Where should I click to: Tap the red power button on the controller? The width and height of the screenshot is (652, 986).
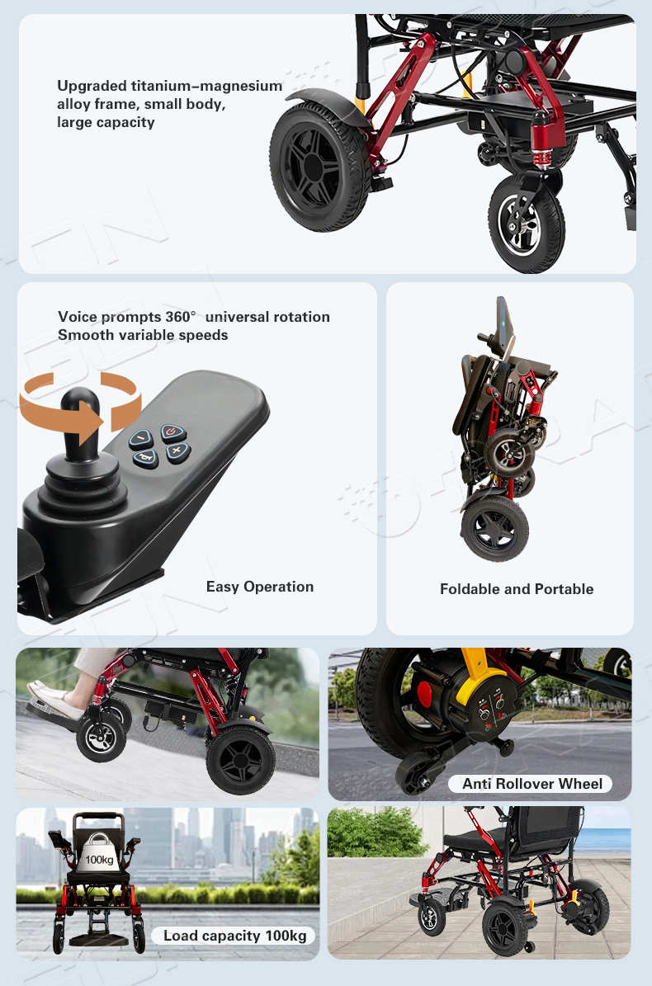(x=172, y=432)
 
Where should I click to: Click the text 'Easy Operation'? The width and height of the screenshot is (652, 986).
(x=260, y=587)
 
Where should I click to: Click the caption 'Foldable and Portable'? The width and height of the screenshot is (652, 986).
(x=517, y=589)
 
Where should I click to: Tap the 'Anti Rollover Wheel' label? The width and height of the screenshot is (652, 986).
(x=532, y=784)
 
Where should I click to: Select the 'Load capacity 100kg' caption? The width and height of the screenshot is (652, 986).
(x=234, y=936)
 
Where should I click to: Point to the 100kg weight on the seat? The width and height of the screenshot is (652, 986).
(x=99, y=852)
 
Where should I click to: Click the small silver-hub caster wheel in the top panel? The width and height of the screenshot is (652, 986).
(x=526, y=224)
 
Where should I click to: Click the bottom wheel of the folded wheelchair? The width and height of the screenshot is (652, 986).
(x=495, y=528)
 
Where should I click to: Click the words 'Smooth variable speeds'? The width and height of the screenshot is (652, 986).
(x=143, y=334)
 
